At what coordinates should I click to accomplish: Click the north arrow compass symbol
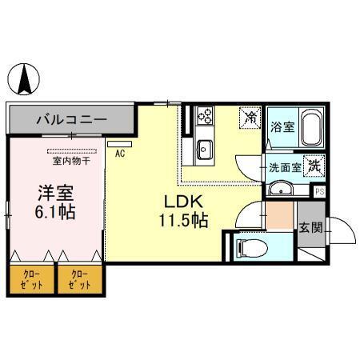pos(26,78)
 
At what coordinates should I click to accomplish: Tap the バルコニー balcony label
pos(71,120)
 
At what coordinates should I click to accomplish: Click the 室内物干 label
pos(71,160)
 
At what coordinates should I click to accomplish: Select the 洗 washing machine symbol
pos(314,167)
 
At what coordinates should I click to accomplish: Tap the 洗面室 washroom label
pos(284,169)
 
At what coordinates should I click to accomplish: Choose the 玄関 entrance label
pos(311,227)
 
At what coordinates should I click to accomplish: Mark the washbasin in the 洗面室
pos(281,189)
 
